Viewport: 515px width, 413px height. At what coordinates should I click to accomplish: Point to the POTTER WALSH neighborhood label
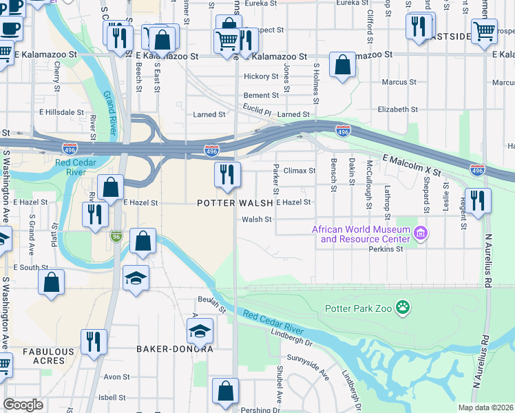click(235, 203)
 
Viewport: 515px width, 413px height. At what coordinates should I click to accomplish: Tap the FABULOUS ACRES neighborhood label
click(48, 356)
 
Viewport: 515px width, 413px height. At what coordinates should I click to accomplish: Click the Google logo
click(23, 405)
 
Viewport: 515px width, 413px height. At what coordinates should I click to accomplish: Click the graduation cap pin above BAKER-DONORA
click(199, 331)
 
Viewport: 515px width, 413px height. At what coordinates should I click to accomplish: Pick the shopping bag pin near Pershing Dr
click(225, 392)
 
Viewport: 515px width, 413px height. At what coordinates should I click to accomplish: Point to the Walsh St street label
click(257, 220)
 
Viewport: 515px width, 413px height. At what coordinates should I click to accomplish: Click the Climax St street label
click(299, 170)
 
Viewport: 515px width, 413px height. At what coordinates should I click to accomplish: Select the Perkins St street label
click(385, 249)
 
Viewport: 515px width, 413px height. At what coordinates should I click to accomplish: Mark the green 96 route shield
click(117, 236)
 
